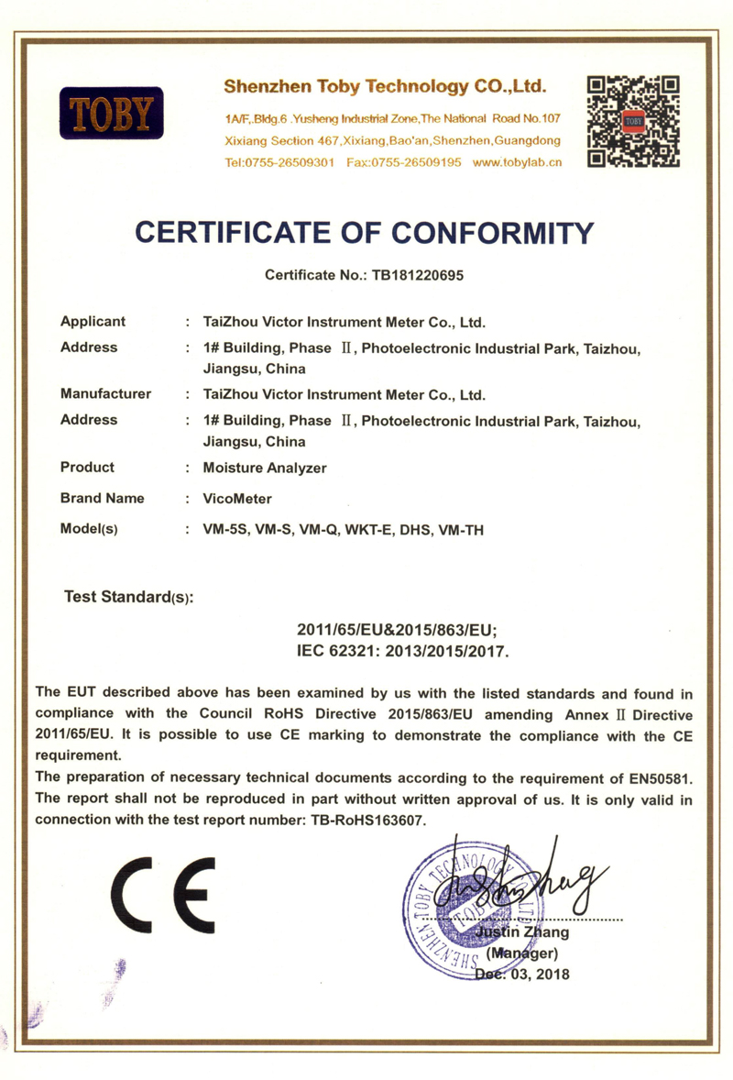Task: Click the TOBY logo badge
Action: coord(111,113)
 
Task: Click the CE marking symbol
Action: coord(163,893)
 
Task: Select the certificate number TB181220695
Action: coord(410,274)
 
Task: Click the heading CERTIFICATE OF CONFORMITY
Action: coord(365,232)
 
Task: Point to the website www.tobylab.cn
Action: coord(517,162)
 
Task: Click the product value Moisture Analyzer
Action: coord(265,468)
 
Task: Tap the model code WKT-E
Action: coord(370,530)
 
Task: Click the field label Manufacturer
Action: coord(105,394)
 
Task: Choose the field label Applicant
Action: coord(93,322)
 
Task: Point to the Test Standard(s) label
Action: coord(128,597)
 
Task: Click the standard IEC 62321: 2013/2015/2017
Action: coord(402,652)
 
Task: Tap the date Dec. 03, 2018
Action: coord(521,974)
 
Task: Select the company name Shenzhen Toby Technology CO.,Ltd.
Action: coord(386,87)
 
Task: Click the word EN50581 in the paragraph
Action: coord(655,777)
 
